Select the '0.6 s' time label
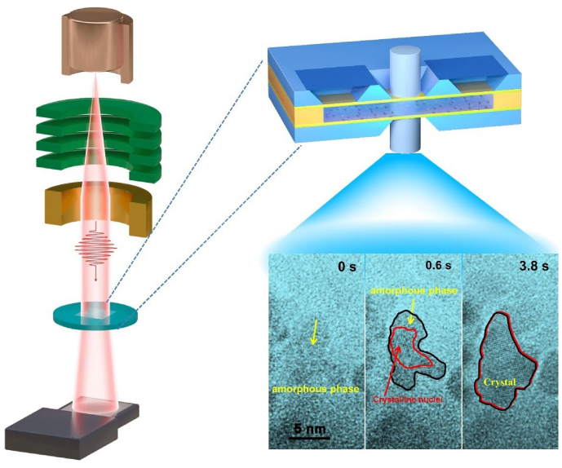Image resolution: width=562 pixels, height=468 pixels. [439, 267]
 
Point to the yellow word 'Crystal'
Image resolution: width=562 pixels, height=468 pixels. [497, 381]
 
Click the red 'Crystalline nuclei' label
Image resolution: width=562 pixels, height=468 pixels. [407, 400]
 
